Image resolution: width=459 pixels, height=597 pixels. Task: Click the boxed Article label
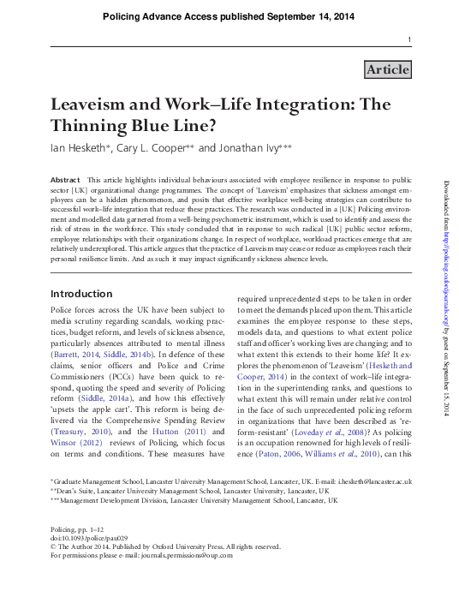(x=387, y=69)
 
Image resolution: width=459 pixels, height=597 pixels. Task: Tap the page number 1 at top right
(x=408, y=40)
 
